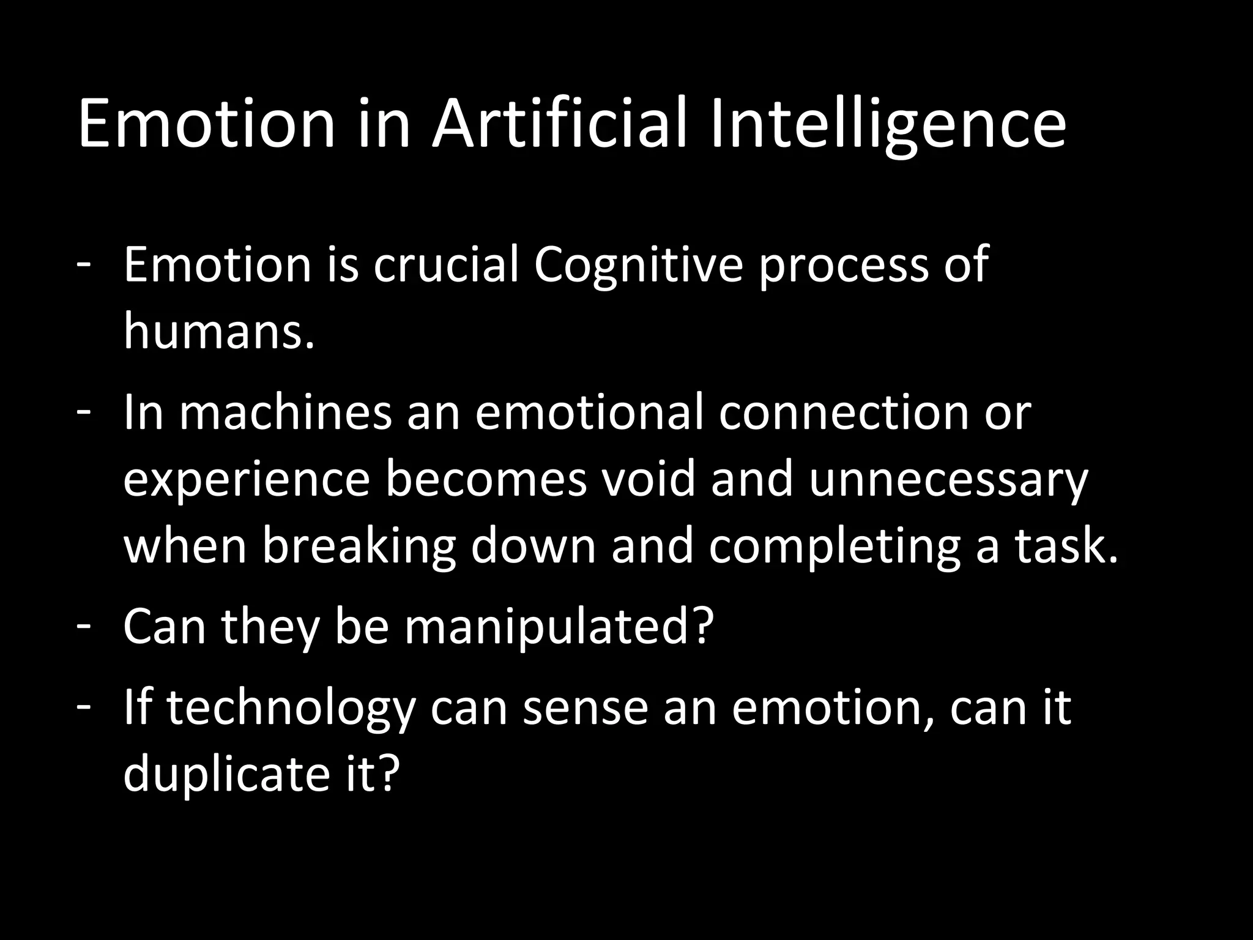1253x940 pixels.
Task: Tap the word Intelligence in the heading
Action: pos(888,125)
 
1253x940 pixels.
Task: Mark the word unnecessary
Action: pos(948,480)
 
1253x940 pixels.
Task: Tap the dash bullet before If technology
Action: pos(84,706)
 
